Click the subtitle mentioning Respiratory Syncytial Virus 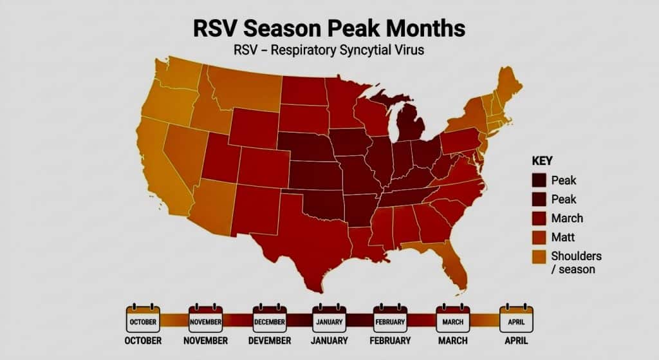point(328,50)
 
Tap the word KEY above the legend point(542,161)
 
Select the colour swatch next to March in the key point(539,218)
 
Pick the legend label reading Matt point(563,238)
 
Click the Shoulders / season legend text point(576,262)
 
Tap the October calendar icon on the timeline point(142,319)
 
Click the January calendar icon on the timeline point(329,319)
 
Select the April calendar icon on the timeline point(516,319)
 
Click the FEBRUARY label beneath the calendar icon point(391,341)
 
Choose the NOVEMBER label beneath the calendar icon point(205,341)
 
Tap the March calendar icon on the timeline point(453,319)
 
